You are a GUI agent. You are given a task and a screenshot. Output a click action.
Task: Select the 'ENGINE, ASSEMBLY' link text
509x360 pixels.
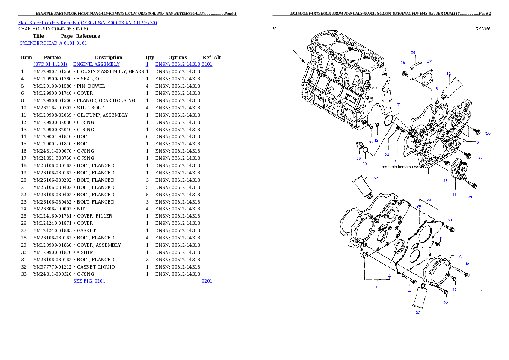coord(96,64)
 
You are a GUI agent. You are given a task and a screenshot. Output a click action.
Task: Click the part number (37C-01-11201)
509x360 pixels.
coord(50,64)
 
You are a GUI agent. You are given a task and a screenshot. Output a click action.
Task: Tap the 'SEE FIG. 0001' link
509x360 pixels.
coord(89,281)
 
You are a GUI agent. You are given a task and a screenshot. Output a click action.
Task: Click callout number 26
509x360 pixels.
coord(413,53)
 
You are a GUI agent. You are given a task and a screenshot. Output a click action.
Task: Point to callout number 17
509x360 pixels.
coord(397,105)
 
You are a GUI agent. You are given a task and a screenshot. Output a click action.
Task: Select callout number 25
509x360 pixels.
coord(358,158)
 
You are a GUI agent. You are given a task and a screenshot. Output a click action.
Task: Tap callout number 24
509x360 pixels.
coord(386,155)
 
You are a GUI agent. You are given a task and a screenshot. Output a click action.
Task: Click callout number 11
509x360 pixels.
coord(454,195)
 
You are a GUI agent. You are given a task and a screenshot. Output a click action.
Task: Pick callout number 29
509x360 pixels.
coord(429,200)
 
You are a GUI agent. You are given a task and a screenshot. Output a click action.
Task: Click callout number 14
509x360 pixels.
coord(408,291)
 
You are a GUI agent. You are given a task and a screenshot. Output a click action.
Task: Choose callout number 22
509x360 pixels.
coord(445,303)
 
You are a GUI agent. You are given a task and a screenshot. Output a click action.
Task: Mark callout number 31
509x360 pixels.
coord(440,238)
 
